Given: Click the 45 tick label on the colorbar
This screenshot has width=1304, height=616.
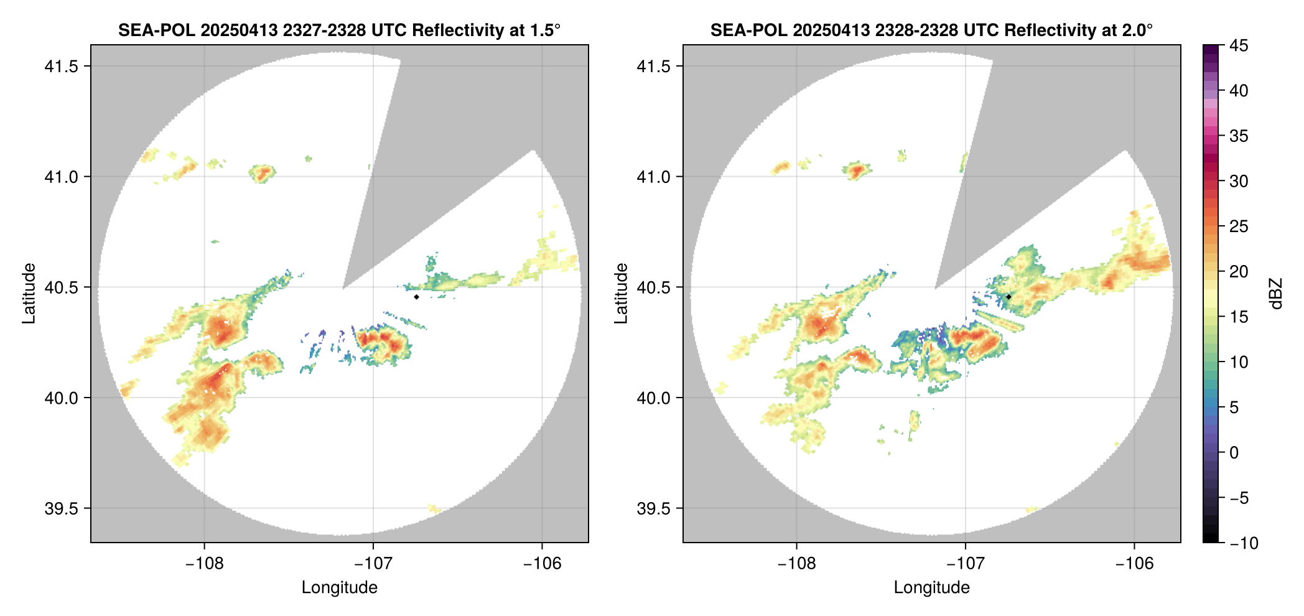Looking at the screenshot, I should (1239, 45).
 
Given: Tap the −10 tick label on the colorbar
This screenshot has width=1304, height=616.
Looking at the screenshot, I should (1244, 543).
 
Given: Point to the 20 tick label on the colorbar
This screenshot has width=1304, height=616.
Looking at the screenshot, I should (1239, 271).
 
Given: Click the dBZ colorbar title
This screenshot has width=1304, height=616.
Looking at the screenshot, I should (1276, 294).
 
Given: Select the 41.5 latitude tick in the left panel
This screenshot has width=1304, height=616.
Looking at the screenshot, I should (61, 67).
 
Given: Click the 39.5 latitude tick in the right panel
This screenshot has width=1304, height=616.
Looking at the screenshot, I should (653, 508).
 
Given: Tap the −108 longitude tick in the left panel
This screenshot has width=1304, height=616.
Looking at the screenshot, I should (204, 564).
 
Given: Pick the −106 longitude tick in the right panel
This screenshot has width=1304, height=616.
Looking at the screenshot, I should (1135, 564).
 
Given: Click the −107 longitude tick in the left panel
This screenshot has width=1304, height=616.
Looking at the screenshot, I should (373, 564).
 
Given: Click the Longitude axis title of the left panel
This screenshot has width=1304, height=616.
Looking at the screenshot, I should (340, 587).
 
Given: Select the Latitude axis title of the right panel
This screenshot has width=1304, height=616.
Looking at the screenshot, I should (621, 294).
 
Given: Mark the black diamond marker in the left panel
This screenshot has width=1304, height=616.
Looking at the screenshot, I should (416, 297).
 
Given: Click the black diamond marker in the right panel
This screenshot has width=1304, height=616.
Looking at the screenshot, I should (1008, 297).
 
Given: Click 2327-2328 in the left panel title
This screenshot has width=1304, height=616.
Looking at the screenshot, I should (324, 30).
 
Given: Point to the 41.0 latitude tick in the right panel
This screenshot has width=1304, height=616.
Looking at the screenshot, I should (653, 177).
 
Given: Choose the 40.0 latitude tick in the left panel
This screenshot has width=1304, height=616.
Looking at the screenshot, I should (61, 398).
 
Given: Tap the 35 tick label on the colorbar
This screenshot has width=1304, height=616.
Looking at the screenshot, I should (1239, 136).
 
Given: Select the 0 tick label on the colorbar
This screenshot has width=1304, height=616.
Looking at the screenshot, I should (1234, 452).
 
